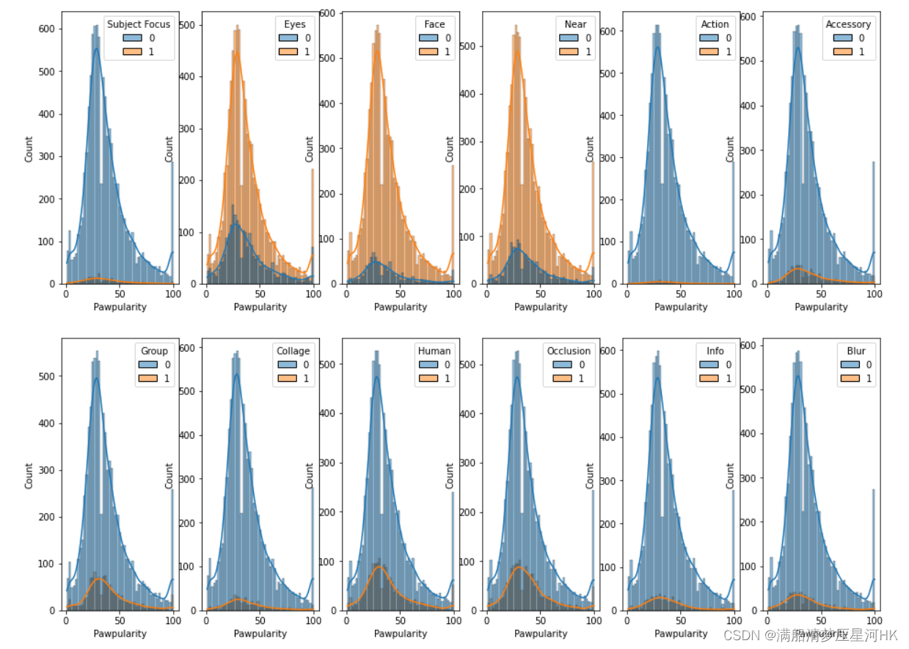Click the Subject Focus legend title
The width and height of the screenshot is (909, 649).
(139, 24)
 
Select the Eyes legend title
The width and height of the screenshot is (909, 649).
(295, 24)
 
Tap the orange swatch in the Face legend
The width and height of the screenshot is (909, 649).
(428, 51)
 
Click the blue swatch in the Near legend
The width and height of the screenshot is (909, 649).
(569, 37)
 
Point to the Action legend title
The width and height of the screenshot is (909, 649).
(715, 24)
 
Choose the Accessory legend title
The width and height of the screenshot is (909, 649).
(848, 24)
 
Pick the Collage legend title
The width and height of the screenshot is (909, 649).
(293, 351)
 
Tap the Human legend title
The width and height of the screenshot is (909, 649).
(434, 351)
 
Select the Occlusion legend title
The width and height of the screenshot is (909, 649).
(569, 351)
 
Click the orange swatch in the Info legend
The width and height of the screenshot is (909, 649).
(709, 378)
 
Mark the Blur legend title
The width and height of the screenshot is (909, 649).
(856, 351)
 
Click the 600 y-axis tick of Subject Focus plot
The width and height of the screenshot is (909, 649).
(47, 29)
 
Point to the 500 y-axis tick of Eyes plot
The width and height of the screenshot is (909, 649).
(187, 25)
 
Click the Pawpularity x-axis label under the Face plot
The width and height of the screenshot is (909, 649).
(401, 307)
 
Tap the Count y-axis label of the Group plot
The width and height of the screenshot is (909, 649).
(29, 475)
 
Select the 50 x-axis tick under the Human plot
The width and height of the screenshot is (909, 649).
(399, 621)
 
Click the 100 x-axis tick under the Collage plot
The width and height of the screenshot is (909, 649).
(313, 621)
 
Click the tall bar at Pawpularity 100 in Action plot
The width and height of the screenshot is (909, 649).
(732, 220)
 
